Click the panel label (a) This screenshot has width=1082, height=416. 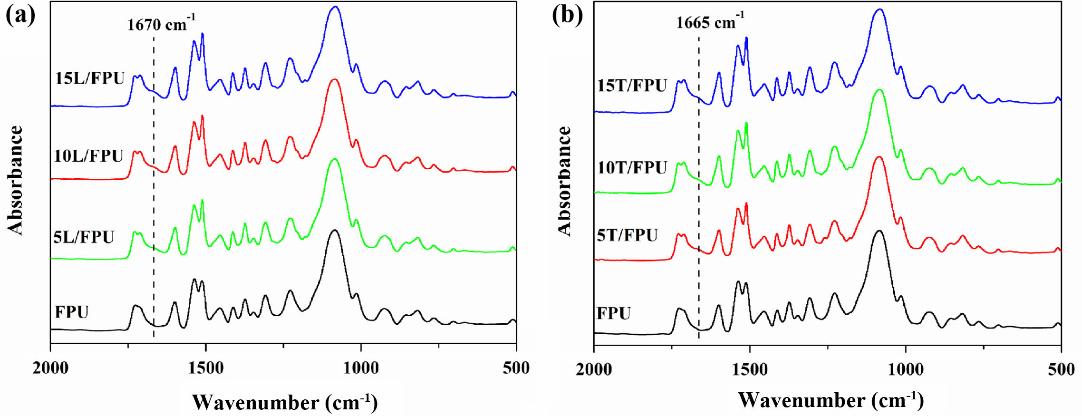pyautogui.click(x=20, y=15)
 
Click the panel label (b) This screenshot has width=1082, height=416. pyautogui.click(x=567, y=15)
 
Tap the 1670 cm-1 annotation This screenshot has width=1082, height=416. pyautogui.click(x=161, y=24)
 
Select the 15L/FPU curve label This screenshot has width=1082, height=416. pyautogui.click(x=90, y=78)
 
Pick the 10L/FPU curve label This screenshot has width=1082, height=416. pyautogui.click(x=88, y=156)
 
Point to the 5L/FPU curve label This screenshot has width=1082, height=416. pyautogui.click(x=84, y=237)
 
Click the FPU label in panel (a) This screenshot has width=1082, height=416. pyautogui.click(x=72, y=312)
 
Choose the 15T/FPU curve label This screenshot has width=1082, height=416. pyautogui.click(x=632, y=86)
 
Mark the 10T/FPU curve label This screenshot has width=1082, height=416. pyautogui.click(x=632, y=168)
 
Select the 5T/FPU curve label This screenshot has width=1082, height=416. pyautogui.click(x=627, y=235)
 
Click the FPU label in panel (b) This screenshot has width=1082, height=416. pyautogui.click(x=614, y=314)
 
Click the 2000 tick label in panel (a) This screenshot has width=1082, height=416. pyautogui.click(x=50, y=368)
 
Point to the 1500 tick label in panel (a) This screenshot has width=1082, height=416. pyautogui.click(x=205, y=368)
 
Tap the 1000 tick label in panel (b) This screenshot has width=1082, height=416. pyautogui.click(x=906, y=369)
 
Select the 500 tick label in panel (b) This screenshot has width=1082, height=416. pyautogui.click(x=1061, y=369)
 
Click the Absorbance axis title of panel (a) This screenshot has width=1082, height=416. pyautogui.click(x=16, y=180)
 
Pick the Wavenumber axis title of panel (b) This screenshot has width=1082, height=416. pyautogui.click(x=831, y=400)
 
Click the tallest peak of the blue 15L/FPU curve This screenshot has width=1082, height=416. pyautogui.click(x=335, y=7)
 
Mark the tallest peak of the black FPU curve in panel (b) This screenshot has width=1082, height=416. pyautogui.click(x=879, y=231)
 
